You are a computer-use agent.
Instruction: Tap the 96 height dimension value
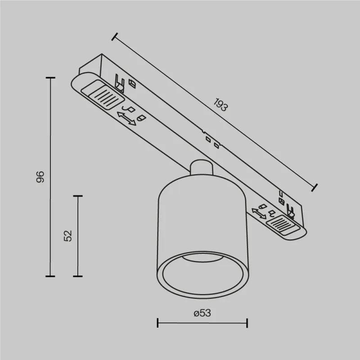(40, 177)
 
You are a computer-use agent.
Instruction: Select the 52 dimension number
(68, 235)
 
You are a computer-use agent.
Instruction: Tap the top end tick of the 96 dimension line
(50, 78)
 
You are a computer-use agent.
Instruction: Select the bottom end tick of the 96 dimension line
(50, 276)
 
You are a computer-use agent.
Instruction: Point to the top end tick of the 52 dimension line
(78, 196)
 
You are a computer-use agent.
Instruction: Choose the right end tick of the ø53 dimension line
(247, 323)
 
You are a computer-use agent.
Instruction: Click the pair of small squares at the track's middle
(211, 142)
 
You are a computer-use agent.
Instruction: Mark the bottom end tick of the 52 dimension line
(78, 276)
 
